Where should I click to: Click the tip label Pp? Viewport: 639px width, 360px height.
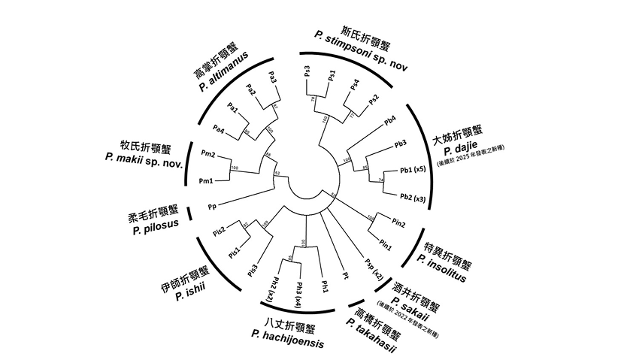(213, 205)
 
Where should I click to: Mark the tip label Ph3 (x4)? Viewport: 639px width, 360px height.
(298, 290)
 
